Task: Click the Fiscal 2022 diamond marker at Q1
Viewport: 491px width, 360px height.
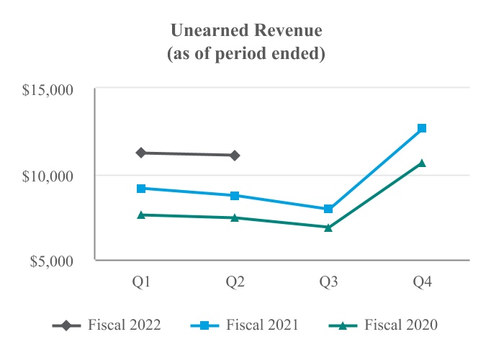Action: coord(142,153)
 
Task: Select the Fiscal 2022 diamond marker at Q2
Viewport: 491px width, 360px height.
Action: coord(235,155)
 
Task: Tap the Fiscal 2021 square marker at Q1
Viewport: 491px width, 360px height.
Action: coord(142,189)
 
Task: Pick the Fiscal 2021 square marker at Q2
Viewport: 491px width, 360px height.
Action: coord(235,196)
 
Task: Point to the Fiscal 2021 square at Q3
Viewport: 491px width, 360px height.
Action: coord(328,209)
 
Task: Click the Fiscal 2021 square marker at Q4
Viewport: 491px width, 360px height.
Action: coord(422,128)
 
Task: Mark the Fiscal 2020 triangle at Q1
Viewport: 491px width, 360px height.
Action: coord(142,215)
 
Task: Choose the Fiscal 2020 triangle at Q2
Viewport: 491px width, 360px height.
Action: coord(235,217)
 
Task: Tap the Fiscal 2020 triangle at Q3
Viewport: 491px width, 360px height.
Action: coord(328,228)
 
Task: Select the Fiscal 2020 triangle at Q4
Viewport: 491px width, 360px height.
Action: coord(422,163)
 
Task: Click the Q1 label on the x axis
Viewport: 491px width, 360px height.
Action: coord(142,283)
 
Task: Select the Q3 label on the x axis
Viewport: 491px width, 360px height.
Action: coord(328,283)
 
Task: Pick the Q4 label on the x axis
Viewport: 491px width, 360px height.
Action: coord(422,283)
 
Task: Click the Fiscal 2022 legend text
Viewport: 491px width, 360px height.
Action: coord(125,325)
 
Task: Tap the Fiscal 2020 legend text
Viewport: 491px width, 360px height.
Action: coord(401,325)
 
